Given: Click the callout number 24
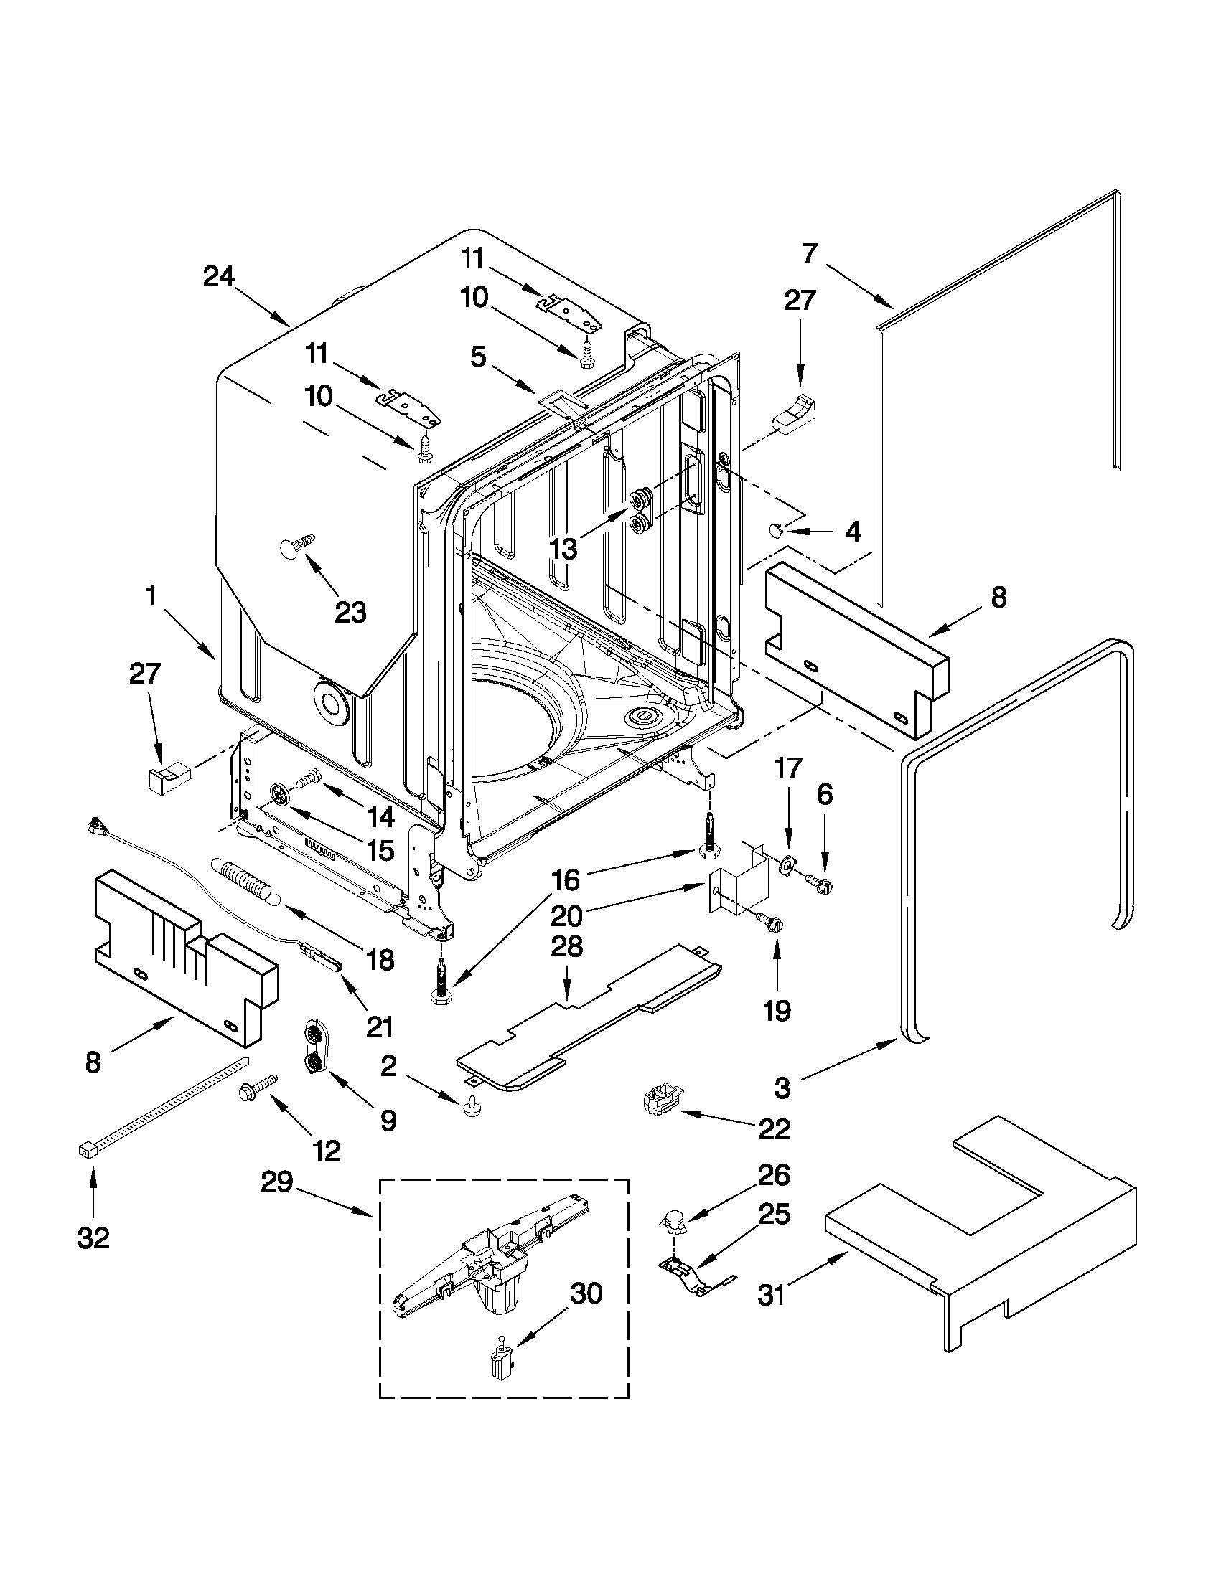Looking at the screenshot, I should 218,277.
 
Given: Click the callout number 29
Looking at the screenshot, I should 277,1183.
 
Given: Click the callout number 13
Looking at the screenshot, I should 563,549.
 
